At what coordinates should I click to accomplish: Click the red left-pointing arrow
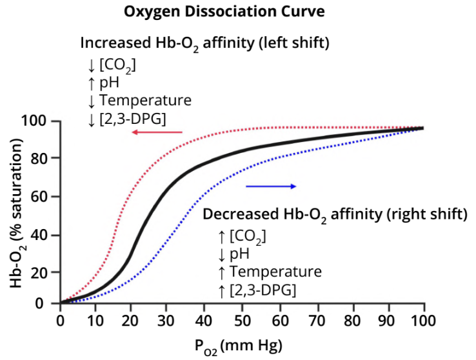coord(157,132)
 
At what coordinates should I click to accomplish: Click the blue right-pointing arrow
coord(271,186)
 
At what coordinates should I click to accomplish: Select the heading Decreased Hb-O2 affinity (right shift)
coord(335,214)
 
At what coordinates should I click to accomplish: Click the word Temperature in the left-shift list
coord(145,101)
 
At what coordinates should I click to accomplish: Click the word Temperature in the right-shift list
coord(275,271)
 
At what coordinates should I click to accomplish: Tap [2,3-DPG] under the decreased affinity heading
coord(263,290)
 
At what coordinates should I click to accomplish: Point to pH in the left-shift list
coord(110,83)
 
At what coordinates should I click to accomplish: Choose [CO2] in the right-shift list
coord(247,235)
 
